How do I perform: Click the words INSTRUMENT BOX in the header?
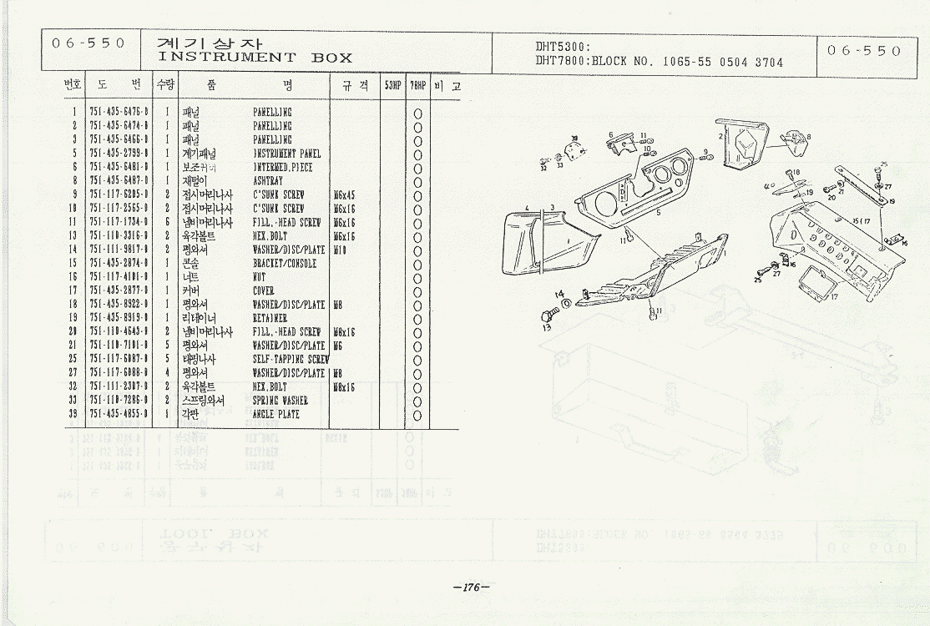coord(255,58)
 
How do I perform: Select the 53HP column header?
coord(392,86)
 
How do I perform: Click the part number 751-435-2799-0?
coord(119,154)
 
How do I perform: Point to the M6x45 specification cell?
coord(343,194)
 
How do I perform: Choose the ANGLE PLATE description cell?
coord(275,414)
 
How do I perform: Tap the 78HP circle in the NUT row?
coord(417,277)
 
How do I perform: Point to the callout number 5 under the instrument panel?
coord(659,213)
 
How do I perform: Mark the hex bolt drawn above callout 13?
coord(548,316)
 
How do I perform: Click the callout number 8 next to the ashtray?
coord(808,137)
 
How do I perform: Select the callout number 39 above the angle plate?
coord(574,139)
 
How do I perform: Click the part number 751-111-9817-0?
coord(119,249)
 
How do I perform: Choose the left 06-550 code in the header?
coord(88,43)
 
